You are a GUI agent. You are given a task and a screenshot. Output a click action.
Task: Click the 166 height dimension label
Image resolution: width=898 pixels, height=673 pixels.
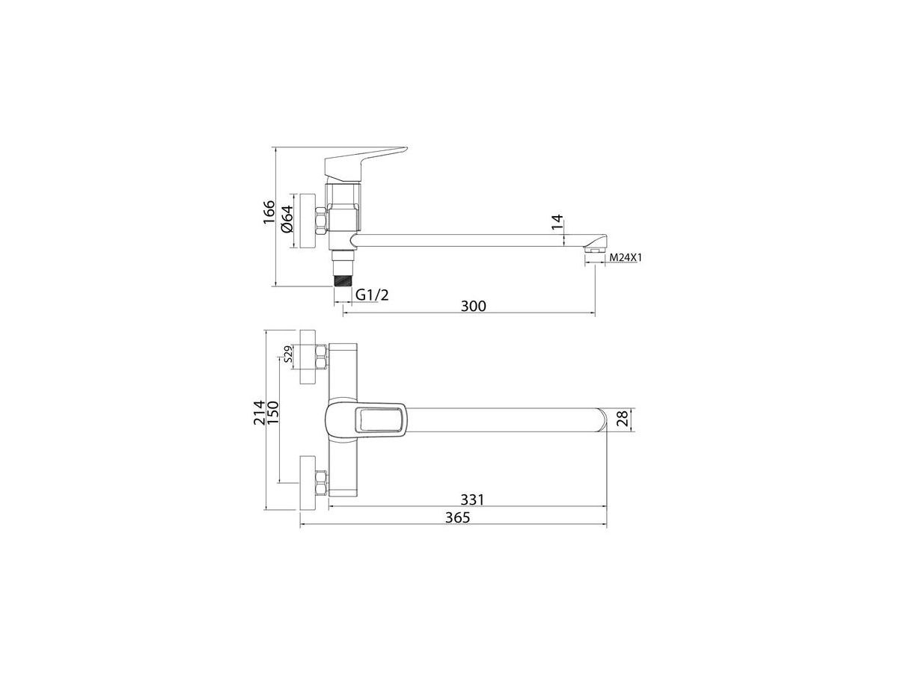[x=269, y=212]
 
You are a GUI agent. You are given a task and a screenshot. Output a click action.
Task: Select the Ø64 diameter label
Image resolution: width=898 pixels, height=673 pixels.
[x=287, y=219]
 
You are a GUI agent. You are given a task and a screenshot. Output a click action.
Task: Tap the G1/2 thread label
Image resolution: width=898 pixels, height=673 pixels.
[x=372, y=295]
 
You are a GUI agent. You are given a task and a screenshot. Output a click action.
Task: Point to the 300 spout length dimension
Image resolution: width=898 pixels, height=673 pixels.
[x=474, y=306]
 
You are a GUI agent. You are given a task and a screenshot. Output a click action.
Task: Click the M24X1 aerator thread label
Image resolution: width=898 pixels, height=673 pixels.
[x=625, y=258]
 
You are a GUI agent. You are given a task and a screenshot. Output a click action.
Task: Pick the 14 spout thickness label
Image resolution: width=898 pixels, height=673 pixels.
[x=557, y=222]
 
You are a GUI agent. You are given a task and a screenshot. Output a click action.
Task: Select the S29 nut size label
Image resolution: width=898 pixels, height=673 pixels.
[x=287, y=354]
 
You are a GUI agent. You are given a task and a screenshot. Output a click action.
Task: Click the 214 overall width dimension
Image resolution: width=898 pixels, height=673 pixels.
[x=259, y=413]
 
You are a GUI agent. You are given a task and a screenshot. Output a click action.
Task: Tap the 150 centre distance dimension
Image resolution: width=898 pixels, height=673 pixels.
[x=272, y=413]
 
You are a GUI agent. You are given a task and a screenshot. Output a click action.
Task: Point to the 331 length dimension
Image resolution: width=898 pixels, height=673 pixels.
[x=472, y=500]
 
